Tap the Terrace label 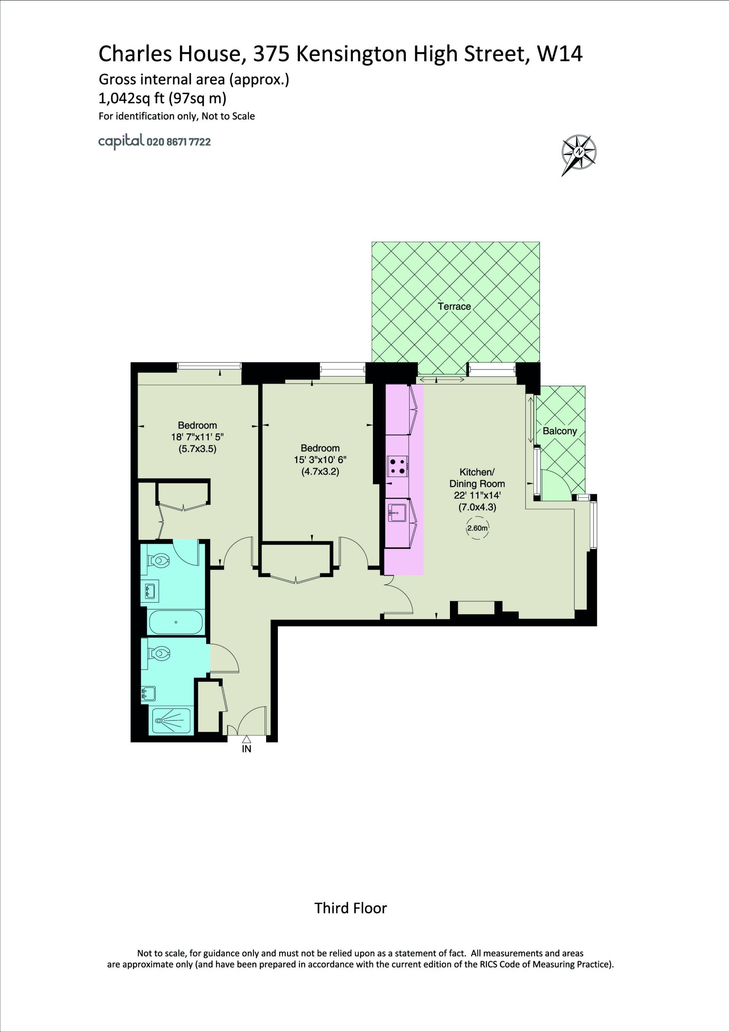pos(454,307)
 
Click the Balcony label pos(560,431)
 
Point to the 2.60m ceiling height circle pos(477,528)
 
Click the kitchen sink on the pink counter pos(397,513)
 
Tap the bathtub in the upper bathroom pos(176,622)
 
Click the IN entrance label pos(246,749)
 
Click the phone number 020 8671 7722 pos(179,142)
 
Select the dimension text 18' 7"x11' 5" pos(197,437)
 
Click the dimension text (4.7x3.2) pos(320,472)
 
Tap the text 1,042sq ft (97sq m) pos(163,98)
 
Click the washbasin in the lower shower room pos(149,693)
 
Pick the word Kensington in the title pos(352,54)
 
